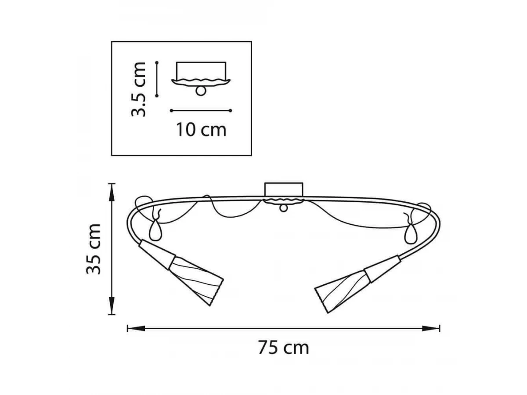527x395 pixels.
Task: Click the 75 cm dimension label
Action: [x=283, y=348]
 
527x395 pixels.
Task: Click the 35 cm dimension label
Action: [x=94, y=249]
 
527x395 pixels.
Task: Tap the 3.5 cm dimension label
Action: [x=138, y=89]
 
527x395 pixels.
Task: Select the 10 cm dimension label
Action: [x=201, y=130]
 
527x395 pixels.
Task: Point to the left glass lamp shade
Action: [x=196, y=281]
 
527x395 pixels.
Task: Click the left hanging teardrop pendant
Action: [x=155, y=230]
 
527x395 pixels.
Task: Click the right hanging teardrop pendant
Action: [x=411, y=233]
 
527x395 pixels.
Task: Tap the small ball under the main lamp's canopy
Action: [x=284, y=208]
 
